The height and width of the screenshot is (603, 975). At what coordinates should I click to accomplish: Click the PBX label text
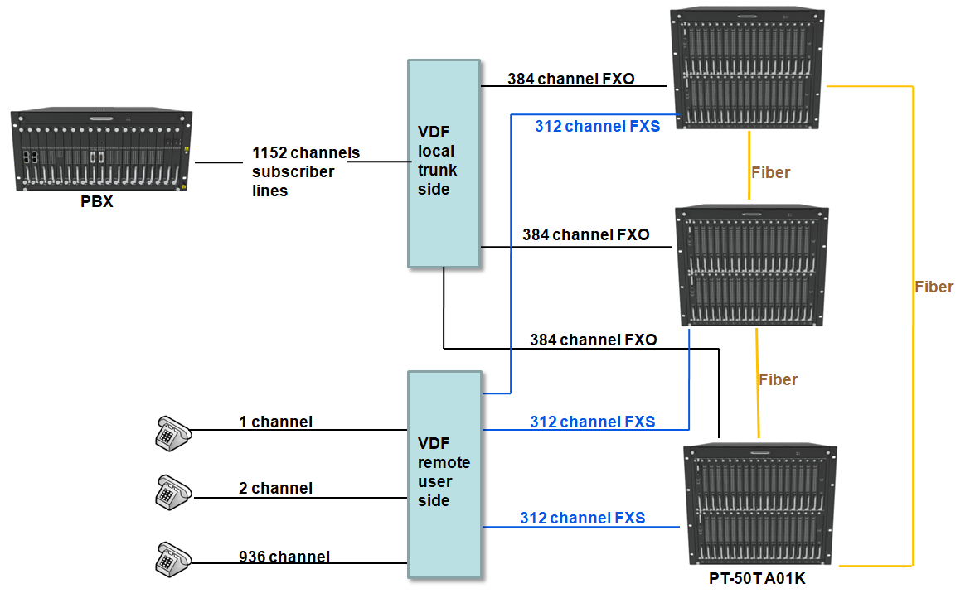97,201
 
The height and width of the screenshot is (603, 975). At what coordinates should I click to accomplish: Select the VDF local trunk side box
444,163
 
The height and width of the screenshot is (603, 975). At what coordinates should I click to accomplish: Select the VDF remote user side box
444,474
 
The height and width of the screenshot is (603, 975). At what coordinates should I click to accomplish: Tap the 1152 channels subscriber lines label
306,171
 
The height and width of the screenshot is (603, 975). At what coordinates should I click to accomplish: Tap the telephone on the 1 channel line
172,432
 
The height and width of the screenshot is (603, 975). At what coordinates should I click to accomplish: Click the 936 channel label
284,557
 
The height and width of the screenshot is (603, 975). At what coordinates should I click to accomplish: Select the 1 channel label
275,422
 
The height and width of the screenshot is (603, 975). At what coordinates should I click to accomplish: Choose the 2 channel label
275,489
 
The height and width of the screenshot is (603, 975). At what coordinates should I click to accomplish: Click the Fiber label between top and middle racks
770,173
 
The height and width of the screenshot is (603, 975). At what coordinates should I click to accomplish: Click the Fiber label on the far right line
934,287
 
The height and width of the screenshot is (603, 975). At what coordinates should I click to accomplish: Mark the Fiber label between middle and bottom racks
778,380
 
